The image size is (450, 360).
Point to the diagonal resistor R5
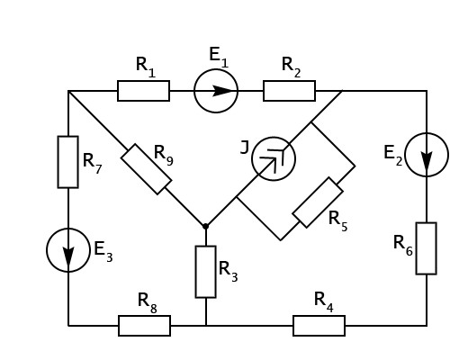(318, 202)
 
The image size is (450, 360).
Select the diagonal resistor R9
(147, 169)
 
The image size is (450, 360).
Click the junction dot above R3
(205, 226)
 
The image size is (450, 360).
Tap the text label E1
(219, 58)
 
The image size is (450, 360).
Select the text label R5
(338, 220)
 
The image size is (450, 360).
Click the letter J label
(245, 148)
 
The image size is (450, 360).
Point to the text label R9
(164, 155)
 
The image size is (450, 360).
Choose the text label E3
(103, 251)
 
